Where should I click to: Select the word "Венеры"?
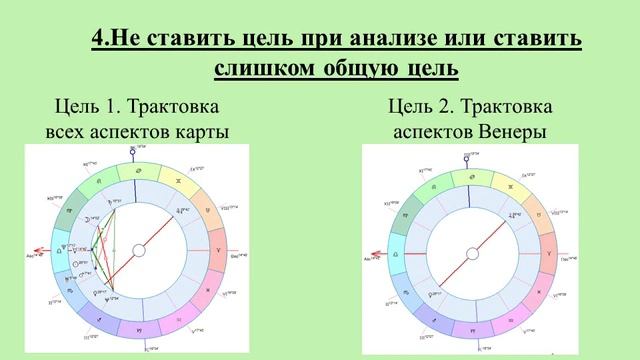click(x=514, y=132)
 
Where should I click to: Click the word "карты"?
click(x=202, y=132)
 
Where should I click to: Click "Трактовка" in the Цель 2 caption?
click(x=510, y=106)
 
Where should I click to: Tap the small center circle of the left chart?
click(x=138, y=251)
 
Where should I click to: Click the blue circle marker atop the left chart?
click(x=132, y=151)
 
